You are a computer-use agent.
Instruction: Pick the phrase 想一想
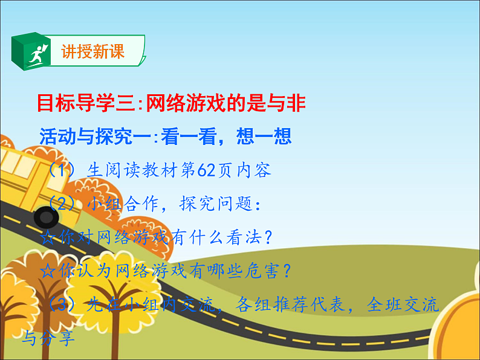click(x=266, y=137)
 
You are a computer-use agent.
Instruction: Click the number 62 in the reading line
click(x=204, y=170)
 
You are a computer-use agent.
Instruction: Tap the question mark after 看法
click(x=268, y=237)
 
